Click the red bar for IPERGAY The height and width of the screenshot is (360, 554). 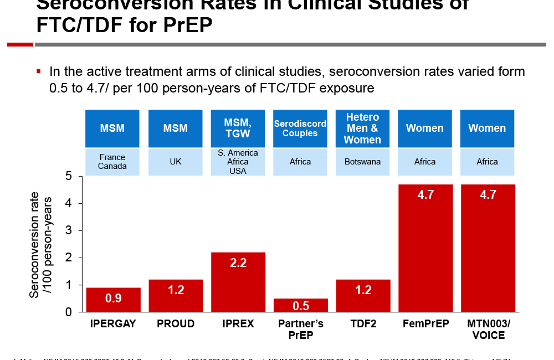pyautogui.click(x=113, y=300)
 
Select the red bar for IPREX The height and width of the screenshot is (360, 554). pyautogui.click(x=238, y=282)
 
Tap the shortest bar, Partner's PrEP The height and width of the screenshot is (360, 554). pyautogui.click(x=300, y=305)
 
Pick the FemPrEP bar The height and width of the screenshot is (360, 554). pyautogui.click(x=425, y=248)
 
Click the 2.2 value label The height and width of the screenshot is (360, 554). pyautogui.click(x=238, y=263)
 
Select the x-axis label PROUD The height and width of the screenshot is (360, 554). pyautogui.click(x=176, y=323)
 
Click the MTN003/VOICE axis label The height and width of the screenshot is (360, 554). pyautogui.click(x=488, y=329)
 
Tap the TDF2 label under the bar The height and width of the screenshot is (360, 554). pyautogui.click(x=363, y=323)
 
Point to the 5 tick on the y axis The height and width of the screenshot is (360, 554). pyautogui.click(x=69, y=176)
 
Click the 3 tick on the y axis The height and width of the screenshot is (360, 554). pyautogui.click(x=69, y=230)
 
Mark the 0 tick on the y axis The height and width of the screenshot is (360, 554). pyautogui.click(x=69, y=312)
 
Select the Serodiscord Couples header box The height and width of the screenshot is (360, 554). pyautogui.click(x=300, y=128)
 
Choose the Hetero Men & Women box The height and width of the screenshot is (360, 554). pyautogui.click(x=362, y=128)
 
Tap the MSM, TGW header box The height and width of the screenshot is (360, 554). pyautogui.click(x=238, y=128)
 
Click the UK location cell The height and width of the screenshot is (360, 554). pyautogui.click(x=176, y=162)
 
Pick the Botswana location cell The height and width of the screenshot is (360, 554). pyautogui.click(x=362, y=162)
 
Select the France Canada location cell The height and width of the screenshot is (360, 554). pyautogui.click(x=112, y=162)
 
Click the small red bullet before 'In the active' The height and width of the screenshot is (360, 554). pyautogui.click(x=39, y=71)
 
